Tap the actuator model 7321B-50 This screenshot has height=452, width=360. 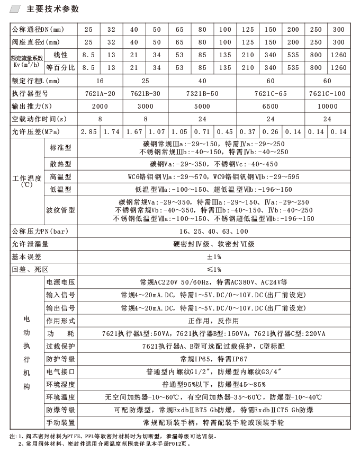pyautogui.click(x=201, y=93)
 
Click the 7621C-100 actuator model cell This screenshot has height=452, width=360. pyautogui.click(x=327, y=93)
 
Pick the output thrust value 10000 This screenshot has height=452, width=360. pyautogui.click(x=327, y=106)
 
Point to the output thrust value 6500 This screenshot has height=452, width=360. pyautogui.click(x=270, y=106)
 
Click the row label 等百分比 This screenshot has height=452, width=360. pyautogui.click(x=60, y=68)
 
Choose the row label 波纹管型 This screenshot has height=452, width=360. pyautogui.click(x=60, y=210)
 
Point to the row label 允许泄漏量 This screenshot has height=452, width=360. pyautogui.click(x=30, y=244)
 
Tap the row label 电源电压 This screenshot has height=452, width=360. pyautogui.click(x=60, y=282)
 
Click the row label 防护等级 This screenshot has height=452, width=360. pyautogui.click(x=60, y=359)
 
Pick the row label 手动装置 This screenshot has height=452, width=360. pyautogui.click(x=60, y=423)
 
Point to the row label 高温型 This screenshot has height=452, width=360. pyautogui.click(x=60, y=176)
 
